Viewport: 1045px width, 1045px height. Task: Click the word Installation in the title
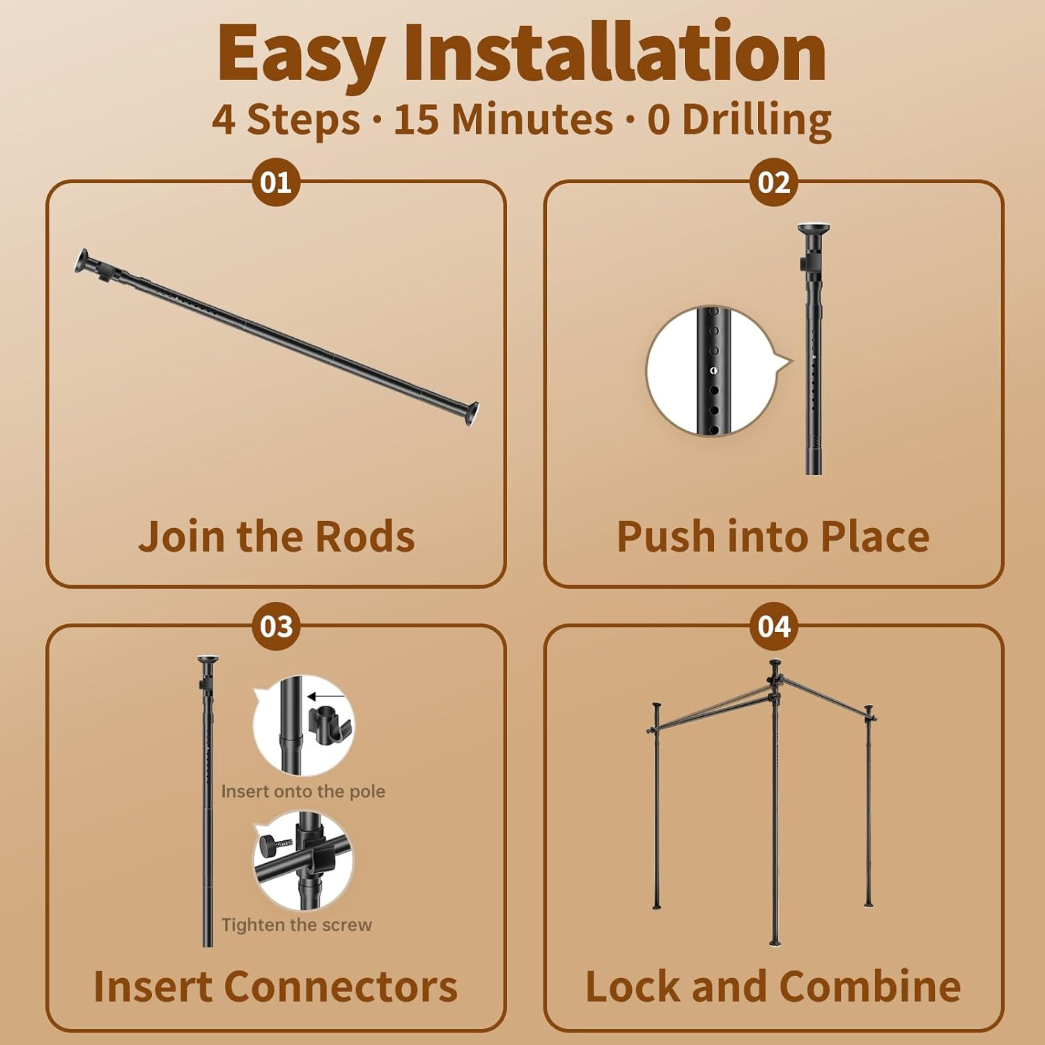[x=614, y=53]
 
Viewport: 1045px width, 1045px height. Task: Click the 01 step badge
[x=276, y=182]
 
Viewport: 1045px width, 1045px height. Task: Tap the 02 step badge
[x=774, y=182]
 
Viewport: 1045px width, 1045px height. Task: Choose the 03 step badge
[x=276, y=626]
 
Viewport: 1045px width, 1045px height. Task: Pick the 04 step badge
[x=774, y=626]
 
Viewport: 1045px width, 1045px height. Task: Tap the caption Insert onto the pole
[x=303, y=791]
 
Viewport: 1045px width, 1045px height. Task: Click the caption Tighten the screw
[x=297, y=924]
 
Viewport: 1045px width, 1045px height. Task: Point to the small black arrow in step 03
[x=326, y=696]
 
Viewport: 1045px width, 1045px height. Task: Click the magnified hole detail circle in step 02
[x=713, y=371]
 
